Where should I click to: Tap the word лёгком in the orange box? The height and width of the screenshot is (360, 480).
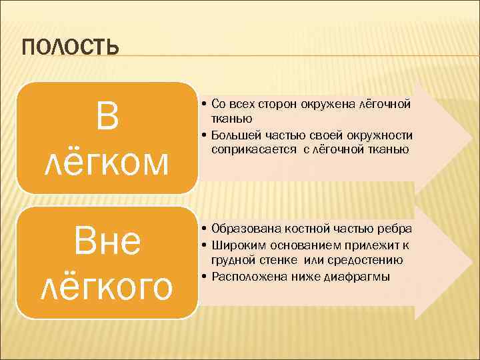coord(107,163)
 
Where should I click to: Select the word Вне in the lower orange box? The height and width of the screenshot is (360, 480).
coord(107,243)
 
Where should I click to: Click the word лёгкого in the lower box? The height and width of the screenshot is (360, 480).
coord(107,287)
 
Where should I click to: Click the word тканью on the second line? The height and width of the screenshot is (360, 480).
coord(231,119)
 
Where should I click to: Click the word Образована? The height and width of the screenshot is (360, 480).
coord(243,229)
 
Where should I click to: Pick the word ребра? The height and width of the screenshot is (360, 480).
coord(395,229)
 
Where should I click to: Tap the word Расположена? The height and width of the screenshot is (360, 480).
coord(244,276)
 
